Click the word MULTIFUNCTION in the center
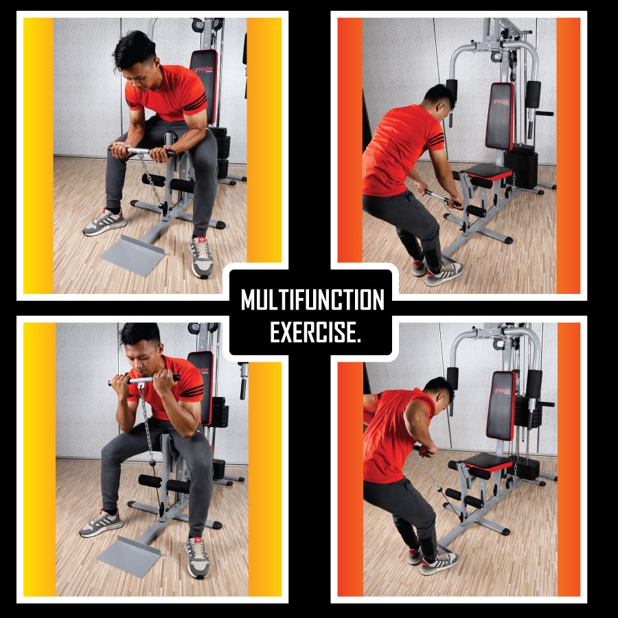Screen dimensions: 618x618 click(x=312, y=299)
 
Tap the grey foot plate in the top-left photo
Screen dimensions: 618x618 click(x=133, y=255)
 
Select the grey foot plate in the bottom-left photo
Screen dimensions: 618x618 click(x=129, y=556)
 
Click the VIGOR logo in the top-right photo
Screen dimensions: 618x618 click(x=500, y=102)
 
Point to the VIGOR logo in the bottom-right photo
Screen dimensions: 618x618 click(x=502, y=391)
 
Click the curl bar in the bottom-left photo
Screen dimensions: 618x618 click(x=144, y=380)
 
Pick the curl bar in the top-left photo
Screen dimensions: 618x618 click(x=142, y=150)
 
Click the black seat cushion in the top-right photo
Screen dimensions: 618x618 click(x=489, y=172)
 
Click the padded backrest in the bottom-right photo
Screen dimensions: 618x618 click(x=501, y=405)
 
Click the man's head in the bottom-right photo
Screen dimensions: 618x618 click(x=439, y=391)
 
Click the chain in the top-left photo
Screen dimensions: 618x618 click(x=151, y=180)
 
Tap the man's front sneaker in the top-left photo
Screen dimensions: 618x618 click(x=201, y=257)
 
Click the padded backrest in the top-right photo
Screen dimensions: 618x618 click(x=500, y=116)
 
